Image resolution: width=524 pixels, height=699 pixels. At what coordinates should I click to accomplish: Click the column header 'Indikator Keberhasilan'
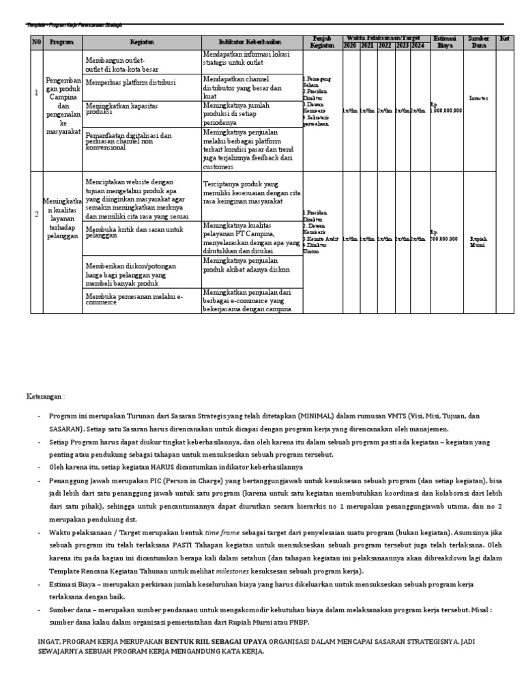(x=252, y=42)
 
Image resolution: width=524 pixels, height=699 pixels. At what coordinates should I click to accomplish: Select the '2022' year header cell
(x=384, y=45)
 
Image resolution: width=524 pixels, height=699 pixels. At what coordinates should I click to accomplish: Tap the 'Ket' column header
(x=504, y=39)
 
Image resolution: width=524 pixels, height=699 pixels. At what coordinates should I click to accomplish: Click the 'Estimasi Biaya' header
(x=446, y=42)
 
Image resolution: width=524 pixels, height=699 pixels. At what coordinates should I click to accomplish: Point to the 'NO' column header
(x=37, y=42)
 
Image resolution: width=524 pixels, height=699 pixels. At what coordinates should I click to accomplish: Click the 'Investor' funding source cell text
(x=478, y=98)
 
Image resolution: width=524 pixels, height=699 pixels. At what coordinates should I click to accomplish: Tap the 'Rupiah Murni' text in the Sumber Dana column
(x=478, y=242)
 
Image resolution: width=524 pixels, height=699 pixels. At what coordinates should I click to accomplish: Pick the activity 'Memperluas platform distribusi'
(x=131, y=83)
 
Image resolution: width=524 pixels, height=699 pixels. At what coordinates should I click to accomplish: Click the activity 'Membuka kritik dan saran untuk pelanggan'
(x=134, y=231)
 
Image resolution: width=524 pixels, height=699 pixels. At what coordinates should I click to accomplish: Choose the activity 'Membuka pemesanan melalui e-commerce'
(x=134, y=300)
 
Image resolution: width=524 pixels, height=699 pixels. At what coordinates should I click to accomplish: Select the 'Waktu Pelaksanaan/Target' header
(x=384, y=38)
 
